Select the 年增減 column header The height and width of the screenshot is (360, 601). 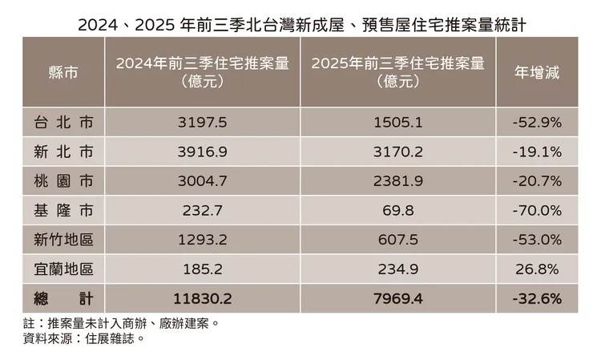pyautogui.click(x=536, y=72)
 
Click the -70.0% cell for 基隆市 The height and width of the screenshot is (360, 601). pyautogui.click(x=536, y=211)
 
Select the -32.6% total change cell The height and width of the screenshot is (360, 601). pyautogui.click(x=536, y=298)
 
